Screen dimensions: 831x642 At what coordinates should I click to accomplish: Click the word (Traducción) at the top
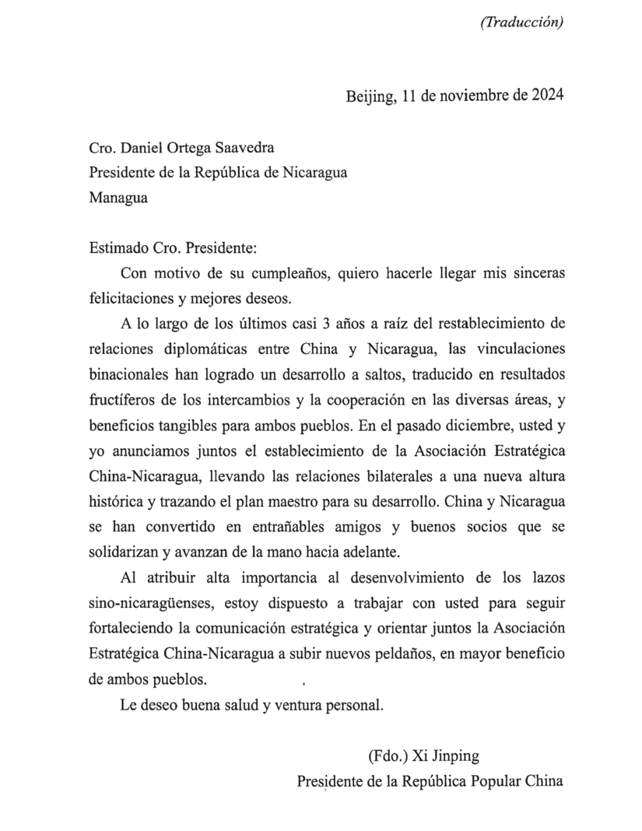521,23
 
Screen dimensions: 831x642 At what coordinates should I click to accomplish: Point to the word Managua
118,198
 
